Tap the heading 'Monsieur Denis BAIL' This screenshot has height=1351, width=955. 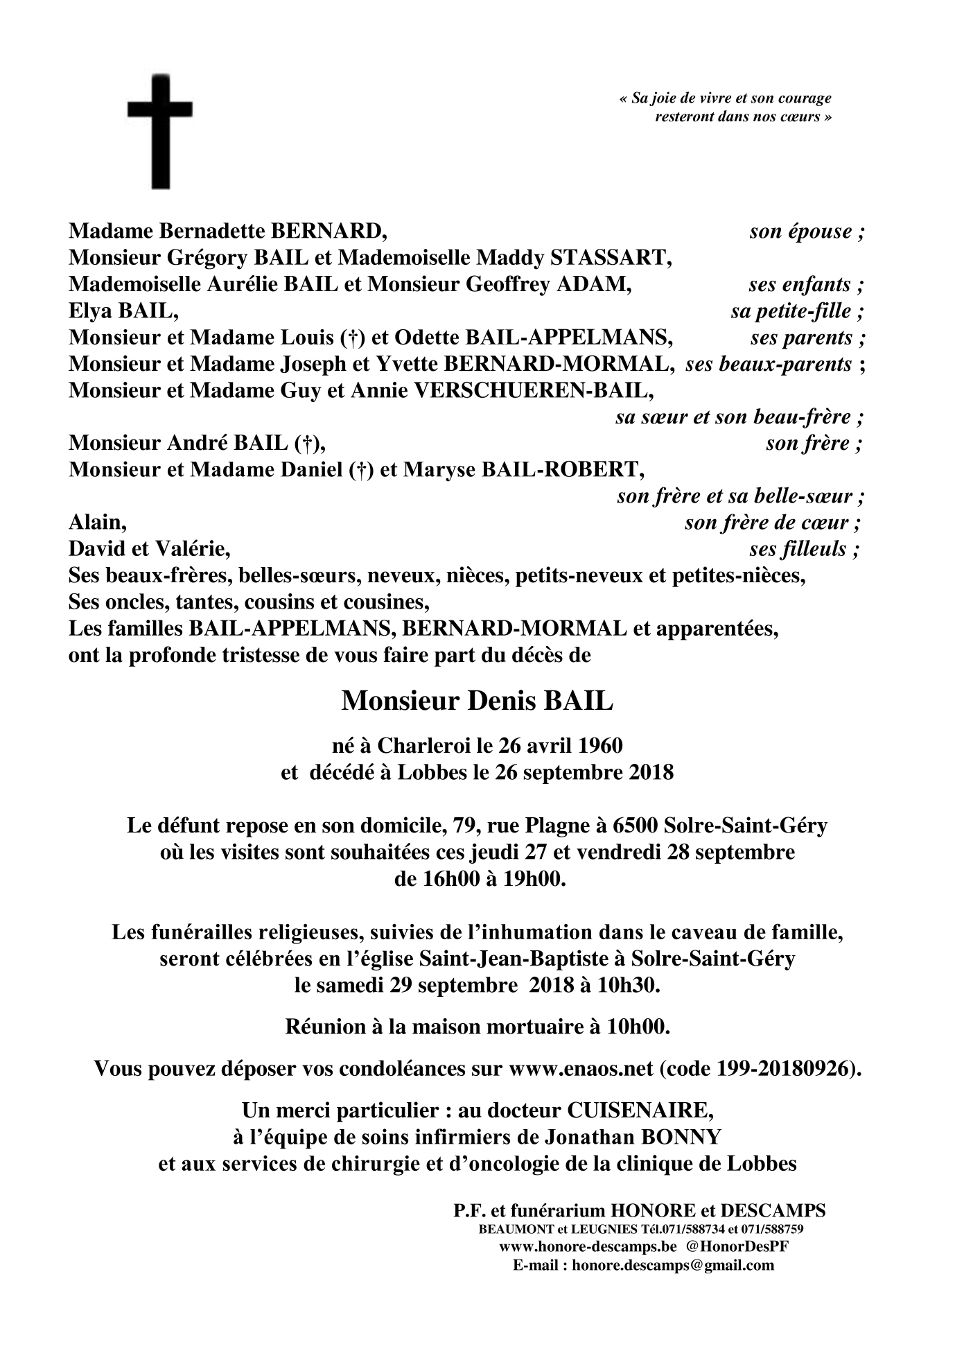pos(477,701)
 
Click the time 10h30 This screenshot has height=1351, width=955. pos(631,985)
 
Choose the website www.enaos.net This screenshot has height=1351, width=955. pos(580,1068)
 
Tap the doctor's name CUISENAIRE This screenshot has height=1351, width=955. pos(639,1110)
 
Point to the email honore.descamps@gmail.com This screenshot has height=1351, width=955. pos(678,1265)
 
